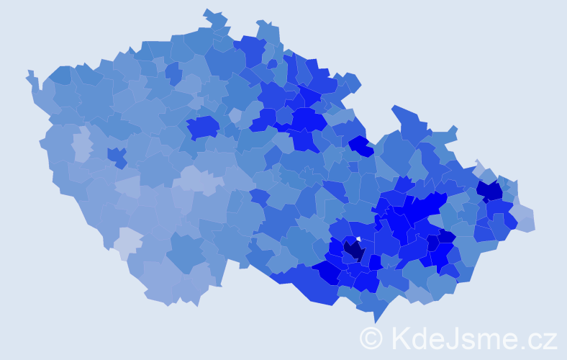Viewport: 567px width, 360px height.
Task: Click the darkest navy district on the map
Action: click(x=354, y=251)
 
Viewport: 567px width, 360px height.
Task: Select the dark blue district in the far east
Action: click(x=490, y=191)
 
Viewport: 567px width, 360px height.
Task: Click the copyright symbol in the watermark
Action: click(x=371, y=337)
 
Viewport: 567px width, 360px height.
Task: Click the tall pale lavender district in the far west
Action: click(x=81, y=144)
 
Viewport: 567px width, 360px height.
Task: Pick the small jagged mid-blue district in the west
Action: click(x=117, y=156)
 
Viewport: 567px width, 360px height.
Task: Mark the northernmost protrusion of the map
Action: click(x=209, y=12)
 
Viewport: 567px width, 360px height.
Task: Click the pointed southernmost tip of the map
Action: click(x=376, y=321)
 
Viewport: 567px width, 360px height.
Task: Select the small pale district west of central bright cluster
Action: click(x=235, y=115)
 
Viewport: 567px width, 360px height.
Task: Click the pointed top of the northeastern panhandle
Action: click(x=395, y=108)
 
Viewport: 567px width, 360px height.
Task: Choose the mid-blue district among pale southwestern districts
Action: click(x=185, y=251)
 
